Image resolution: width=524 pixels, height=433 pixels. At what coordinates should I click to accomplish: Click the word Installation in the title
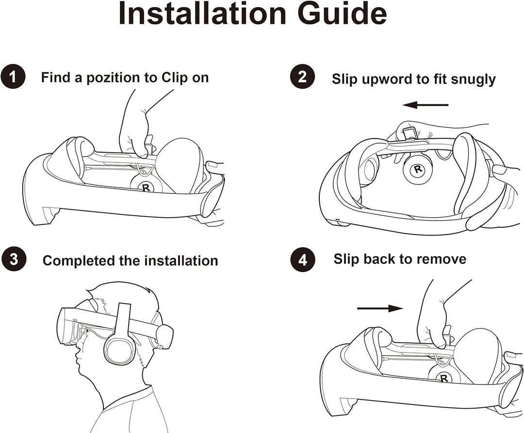(203, 15)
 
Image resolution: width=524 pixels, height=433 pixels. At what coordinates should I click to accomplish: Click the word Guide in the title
(343, 15)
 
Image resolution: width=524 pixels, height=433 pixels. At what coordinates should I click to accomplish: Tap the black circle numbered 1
(14, 78)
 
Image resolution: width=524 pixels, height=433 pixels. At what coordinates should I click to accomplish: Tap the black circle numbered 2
(302, 78)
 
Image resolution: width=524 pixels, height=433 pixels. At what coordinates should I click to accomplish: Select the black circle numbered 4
(302, 260)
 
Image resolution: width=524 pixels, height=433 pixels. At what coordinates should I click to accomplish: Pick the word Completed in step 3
(79, 261)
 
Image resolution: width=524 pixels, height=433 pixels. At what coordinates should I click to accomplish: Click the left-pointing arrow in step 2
(425, 104)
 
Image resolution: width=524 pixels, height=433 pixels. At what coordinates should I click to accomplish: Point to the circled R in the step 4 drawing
(443, 377)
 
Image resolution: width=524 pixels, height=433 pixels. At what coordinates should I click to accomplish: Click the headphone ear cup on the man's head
(120, 347)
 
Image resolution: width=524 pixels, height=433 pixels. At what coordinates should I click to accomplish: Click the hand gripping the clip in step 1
(134, 133)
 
